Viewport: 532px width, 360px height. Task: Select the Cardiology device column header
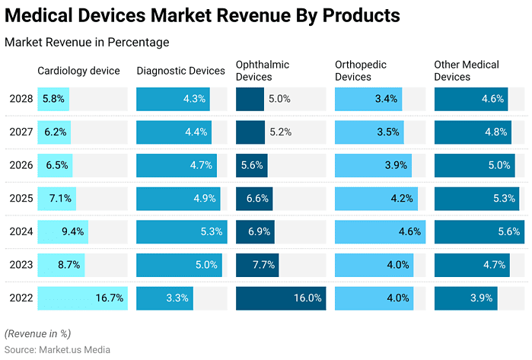tap(79, 71)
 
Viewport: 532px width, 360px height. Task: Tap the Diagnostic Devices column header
tap(181, 71)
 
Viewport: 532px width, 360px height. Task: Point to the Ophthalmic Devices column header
tap(263, 71)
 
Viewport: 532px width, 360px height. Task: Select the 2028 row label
tap(21, 99)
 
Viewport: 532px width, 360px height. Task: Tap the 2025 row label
tap(21, 199)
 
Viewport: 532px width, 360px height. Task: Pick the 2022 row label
tap(21, 298)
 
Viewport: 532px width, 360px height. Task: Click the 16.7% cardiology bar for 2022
tap(82, 298)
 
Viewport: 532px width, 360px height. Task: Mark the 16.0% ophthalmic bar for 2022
tap(281, 298)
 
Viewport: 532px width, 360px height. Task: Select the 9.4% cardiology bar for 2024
tap(62, 232)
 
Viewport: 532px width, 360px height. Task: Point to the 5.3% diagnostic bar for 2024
tap(181, 232)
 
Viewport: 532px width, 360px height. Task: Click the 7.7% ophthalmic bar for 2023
tap(257, 265)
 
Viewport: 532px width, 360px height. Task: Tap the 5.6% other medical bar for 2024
tap(479, 232)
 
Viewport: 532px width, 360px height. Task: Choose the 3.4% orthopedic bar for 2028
tap(368, 99)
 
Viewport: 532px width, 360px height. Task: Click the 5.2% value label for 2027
tap(281, 132)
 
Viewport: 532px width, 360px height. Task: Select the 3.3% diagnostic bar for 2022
tap(164, 298)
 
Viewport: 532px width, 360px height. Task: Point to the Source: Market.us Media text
tap(58, 349)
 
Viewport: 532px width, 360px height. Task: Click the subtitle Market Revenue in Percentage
tap(87, 43)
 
